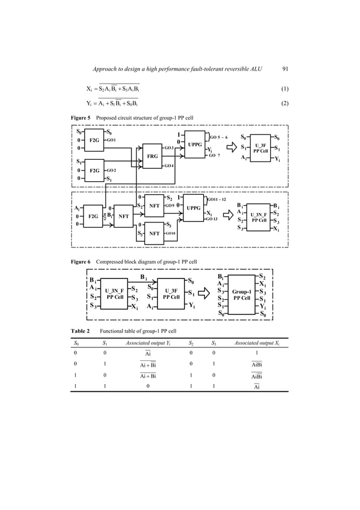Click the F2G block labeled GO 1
(x=94, y=140)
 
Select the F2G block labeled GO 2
(x=94, y=170)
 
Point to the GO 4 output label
(x=170, y=166)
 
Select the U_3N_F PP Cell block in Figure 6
(x=115, y=293)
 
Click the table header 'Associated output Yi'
(x=148, y=343)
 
